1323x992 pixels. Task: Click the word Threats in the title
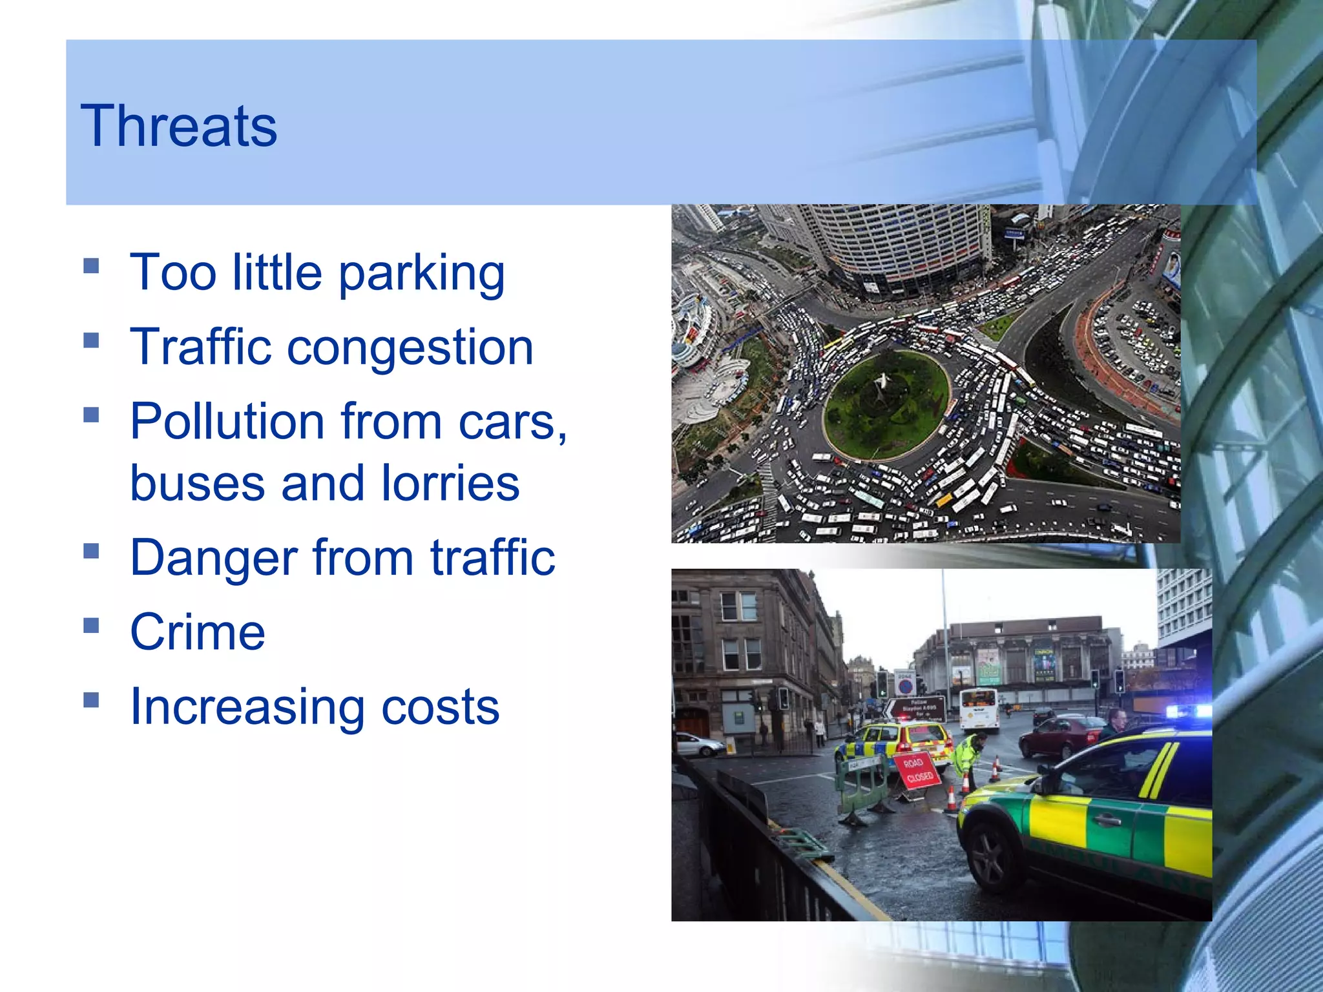pos(178,126)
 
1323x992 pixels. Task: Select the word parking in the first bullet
pos(421,273)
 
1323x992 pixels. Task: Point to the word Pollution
pos(226,422)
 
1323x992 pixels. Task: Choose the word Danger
pos(214,557)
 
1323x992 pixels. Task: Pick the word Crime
pos(197,632)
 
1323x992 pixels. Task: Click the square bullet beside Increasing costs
pos(91,699)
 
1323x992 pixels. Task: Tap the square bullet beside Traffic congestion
pos(91,340)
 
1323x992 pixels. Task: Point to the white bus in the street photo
pos(978,708)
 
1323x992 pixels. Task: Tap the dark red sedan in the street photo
pos(1059,737)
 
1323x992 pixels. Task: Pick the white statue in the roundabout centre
pos(880,386)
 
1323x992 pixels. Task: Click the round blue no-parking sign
pos(905,685)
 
